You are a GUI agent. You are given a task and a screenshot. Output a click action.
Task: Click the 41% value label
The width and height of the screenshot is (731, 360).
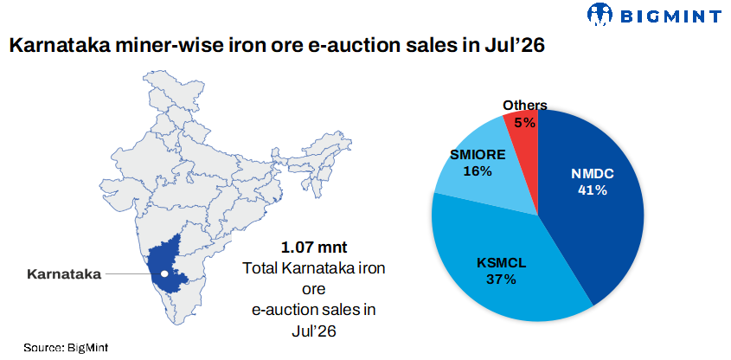(x=592, y=190)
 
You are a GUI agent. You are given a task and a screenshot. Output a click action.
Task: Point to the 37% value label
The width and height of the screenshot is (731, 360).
(x=501, y=280)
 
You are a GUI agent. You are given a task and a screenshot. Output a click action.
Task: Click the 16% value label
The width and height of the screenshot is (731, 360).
(x=478, y=171)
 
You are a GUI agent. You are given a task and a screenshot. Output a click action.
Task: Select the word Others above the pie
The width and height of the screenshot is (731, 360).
(x=524, y=106)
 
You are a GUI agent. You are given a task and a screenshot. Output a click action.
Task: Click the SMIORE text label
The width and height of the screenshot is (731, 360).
(x=478, y=155)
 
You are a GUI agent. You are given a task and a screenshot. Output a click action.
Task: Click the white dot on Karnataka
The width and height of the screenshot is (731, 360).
(x=164, y=273)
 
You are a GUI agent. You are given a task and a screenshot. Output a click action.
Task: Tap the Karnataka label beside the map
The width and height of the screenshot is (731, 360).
(x=64, y=274)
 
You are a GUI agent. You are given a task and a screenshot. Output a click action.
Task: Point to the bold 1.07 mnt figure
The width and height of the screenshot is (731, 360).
(x=314, y=247)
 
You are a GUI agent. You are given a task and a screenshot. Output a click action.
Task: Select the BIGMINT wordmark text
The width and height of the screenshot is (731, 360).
(x=670, y=16)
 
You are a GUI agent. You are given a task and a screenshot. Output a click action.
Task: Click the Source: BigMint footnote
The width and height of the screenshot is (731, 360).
(x=66, y=347)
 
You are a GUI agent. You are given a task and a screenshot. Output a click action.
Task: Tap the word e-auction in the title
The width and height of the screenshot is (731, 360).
(x=346, y=46)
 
